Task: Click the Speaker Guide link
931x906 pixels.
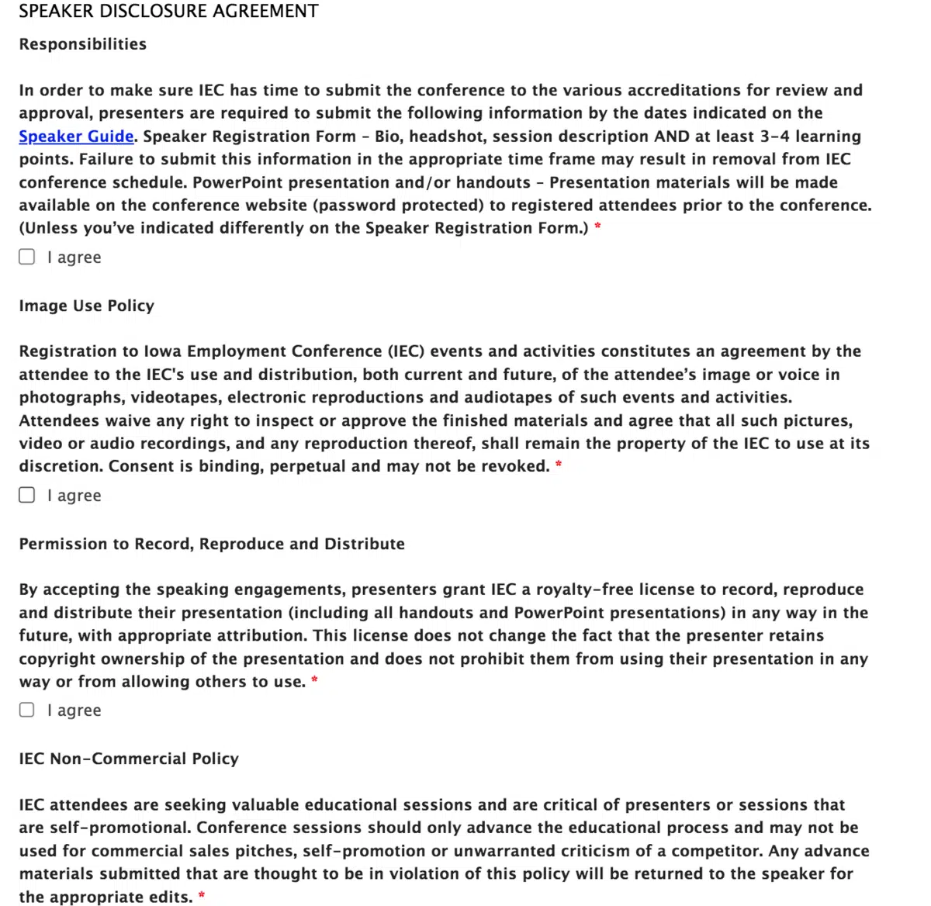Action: [76, 137]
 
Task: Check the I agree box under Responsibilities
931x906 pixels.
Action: [27, 257]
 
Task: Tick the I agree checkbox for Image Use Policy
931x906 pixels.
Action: [27, 495]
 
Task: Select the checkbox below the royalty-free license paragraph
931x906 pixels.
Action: [27, 710]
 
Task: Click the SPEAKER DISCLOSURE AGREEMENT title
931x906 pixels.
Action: [168, 12]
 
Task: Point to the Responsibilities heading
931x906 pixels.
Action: [83, 44]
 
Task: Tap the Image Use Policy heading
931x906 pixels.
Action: [87, 306]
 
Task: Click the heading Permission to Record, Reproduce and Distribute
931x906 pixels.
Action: [212, 544]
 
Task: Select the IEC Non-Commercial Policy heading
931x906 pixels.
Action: [129, 759]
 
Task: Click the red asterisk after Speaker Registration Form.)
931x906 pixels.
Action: [597, 226]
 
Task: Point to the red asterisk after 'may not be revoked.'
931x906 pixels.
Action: [559, 465]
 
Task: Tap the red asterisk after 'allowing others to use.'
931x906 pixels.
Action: [314, 680]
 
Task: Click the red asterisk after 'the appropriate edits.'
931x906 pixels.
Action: [202, 895]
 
